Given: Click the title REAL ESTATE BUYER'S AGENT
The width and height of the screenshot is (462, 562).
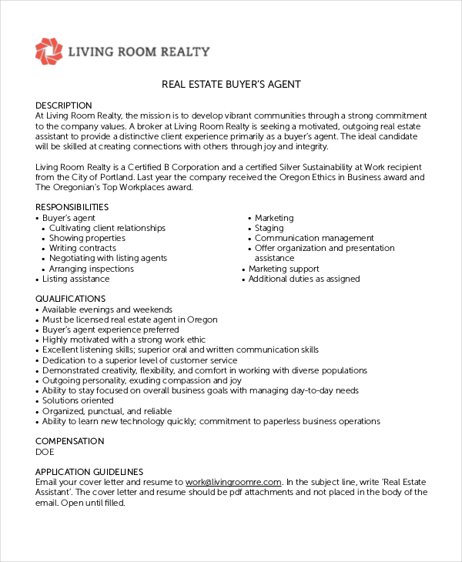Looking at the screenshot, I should point(231,84).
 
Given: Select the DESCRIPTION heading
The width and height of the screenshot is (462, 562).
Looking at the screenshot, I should point(64,105).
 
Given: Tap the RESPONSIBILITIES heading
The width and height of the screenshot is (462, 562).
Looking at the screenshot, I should point(72,207).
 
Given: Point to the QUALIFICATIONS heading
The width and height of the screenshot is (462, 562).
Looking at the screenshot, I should point(71,299).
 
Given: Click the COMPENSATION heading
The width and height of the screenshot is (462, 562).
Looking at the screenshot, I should point(70,441).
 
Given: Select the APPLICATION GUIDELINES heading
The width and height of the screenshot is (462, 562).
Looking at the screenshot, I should point(89,472).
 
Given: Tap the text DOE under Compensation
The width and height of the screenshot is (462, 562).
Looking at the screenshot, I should point(45,452).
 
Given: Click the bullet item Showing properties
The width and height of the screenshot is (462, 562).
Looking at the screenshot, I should point(87,239).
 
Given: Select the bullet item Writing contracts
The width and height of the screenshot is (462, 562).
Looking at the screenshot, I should point(82,249).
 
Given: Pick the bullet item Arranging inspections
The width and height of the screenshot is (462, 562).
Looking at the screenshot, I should point(92,269).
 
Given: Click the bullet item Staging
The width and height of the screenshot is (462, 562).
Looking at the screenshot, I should point(269,228).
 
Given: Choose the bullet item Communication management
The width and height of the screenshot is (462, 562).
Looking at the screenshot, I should point(314,239).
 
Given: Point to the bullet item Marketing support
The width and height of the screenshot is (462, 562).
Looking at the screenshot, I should point(283,269).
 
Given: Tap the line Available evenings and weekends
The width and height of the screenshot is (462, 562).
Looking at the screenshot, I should point(107,309).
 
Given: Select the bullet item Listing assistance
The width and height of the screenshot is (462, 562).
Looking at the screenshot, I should point(75,279).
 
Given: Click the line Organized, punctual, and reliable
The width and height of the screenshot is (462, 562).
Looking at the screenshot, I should point(107,411).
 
